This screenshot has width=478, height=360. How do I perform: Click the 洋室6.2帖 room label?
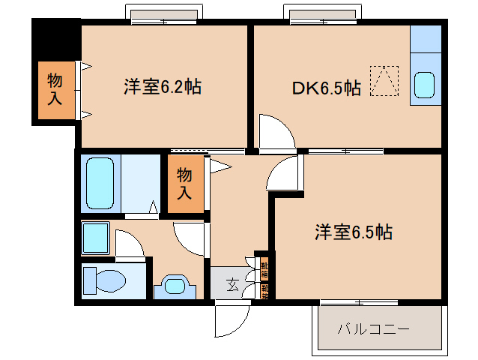coord(163,87)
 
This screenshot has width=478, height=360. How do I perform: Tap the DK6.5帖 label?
coord(326,88)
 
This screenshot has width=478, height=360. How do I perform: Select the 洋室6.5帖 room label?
coord(353,232)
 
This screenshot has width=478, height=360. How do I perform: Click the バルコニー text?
coord(372,328)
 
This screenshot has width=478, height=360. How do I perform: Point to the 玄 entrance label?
coord(232,284)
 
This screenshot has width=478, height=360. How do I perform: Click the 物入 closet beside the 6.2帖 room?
coord(55,89)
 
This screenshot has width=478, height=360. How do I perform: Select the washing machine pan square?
coord(97,238)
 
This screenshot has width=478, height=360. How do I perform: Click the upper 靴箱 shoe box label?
coord(264,265)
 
